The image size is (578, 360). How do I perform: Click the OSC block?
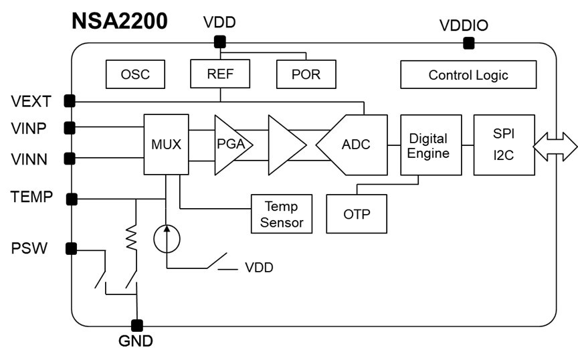135,74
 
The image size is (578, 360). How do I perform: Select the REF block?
220,74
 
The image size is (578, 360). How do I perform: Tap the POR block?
306,74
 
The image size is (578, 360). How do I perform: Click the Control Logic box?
468,75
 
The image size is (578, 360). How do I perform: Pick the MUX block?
167,144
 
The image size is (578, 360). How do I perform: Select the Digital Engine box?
428,145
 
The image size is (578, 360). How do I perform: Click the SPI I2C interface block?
504,145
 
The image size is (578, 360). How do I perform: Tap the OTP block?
357,214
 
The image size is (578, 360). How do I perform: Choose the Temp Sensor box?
282,214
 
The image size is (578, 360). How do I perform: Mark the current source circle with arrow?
166,238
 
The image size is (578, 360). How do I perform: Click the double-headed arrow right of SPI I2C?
555,145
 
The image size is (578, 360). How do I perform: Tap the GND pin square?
137,326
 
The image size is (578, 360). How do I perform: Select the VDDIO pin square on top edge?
469,43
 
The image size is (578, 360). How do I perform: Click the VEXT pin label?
31,102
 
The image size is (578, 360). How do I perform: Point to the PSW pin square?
70,249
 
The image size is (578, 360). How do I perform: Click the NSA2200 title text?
119,20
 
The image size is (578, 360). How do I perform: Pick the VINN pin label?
31,159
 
